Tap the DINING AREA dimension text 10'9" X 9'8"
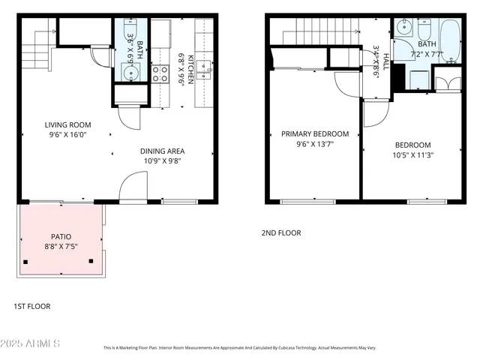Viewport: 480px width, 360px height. (161, 160)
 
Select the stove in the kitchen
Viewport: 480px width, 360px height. (160, 73)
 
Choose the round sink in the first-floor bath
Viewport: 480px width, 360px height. (129, 72)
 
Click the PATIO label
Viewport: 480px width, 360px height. (61, 235)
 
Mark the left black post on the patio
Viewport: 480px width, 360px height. (27, 262)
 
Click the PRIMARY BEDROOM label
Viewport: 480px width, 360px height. (315, 134)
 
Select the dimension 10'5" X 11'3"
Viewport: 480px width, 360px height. (413, 155)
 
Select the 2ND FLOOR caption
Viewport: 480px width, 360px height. (281, 233)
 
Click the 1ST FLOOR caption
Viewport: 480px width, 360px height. (32, 306)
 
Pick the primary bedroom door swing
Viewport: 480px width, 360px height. (346, 83)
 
